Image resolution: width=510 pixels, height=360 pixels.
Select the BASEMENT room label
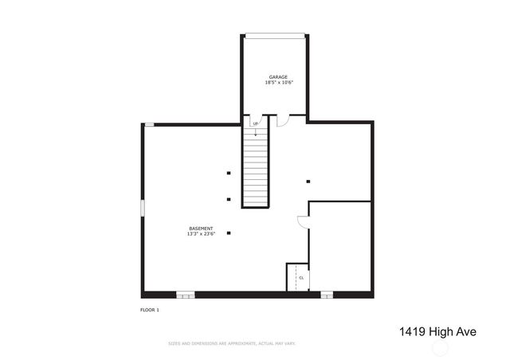[200, 229]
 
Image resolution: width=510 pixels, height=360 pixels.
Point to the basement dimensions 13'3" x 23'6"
[200, 234]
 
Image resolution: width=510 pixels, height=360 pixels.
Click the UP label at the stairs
[255, 123]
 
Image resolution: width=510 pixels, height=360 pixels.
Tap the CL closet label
[301, 277]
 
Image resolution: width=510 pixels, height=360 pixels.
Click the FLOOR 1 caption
[150, 309]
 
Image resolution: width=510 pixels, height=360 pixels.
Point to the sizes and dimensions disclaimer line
[231, 343]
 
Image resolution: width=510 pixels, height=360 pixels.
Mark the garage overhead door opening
[275, 34]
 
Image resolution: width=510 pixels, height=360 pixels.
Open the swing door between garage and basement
[283, 121]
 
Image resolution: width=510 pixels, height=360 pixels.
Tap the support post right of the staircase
[308, 181]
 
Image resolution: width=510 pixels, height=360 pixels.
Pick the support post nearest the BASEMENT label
[229, 233]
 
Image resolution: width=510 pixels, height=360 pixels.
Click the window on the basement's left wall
[143, 207]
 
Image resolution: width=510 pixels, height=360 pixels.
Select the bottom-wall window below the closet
[327, 295]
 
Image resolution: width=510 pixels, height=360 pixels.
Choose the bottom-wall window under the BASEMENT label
[185, 295]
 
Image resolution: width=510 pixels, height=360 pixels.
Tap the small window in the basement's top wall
[149, 123]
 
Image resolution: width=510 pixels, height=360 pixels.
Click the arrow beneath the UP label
[255, 132]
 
